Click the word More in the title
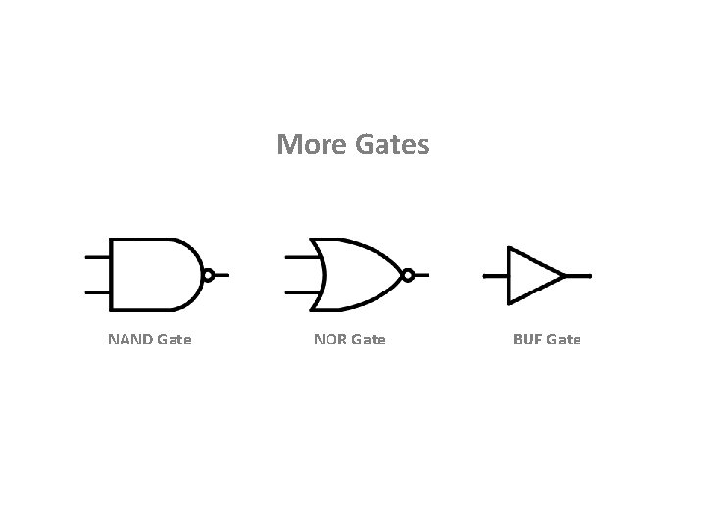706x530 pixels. coord(307,145)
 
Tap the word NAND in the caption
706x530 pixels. coord(129,340)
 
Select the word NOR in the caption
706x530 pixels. coord(329,340)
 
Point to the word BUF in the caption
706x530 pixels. coord(528,340)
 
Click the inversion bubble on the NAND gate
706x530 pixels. coord(208,276)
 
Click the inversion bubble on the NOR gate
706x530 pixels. coord(408,276)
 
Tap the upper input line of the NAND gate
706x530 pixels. coord(97,257)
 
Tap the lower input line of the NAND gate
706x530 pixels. coord(97,292)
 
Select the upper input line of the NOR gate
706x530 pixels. coord(299,257)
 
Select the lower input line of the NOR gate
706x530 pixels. coord(299,292)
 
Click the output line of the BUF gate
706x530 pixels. coord(579,276)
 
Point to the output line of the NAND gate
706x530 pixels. coord(223,276)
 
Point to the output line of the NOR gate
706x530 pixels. coord(423,276)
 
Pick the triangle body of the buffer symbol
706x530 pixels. coord(529,276)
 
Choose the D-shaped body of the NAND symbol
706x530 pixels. coord(152,275)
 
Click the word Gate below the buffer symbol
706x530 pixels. coord(564,340)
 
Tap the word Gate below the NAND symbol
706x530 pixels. coord(174,340)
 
